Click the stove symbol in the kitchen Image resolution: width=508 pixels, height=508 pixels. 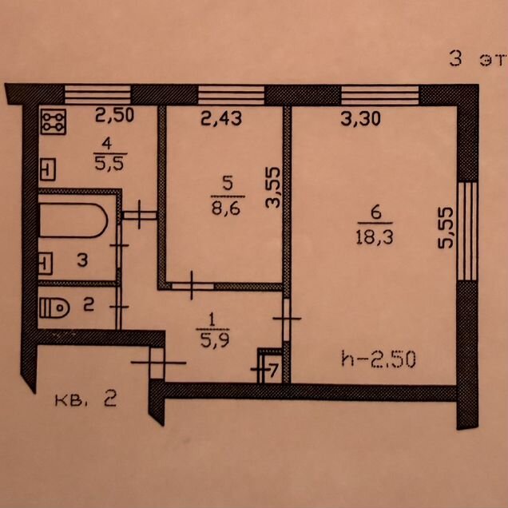pyautogui.click(x=54, y=121)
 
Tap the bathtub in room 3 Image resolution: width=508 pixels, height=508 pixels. pyautogui.click(x=73, y=220)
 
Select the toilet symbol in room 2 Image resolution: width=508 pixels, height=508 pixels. pyautogui.click(x=54, y=308)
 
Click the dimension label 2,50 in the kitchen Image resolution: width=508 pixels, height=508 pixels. pyautogui.click(x=114, y=115)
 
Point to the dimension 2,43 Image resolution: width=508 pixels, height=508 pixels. pyautogui.click(x=221, y=118)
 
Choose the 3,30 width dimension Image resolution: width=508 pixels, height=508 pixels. pyautogui.click(x=360, y=119)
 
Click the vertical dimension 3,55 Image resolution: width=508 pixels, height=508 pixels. pyautogui.click(x=272, y=187)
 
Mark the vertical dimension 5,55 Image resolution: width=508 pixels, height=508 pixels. pyautogui.click(x=445, y=228)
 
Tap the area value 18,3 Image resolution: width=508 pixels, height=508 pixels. pyautogui.click(x=375, y=237)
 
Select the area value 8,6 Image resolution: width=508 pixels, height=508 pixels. pyautogui.click(x=226, y=208)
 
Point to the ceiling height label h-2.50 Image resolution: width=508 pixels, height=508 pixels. pyautogui.click(x=379, y=359)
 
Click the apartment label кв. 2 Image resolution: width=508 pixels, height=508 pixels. pyautogui.click(x=85, y=399)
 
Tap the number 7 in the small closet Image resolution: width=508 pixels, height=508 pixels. pyautogui.click(x=273, y=371)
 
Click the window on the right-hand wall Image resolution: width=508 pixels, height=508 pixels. pyautogui.click(x=467, y=232)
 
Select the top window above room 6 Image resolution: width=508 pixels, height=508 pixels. pyautogui.click(x=380, y=95)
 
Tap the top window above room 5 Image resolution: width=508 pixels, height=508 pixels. pyautogui.click(x=232, y=95)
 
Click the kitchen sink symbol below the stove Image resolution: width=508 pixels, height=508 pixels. pyautogui.click(x=48, y=169)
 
